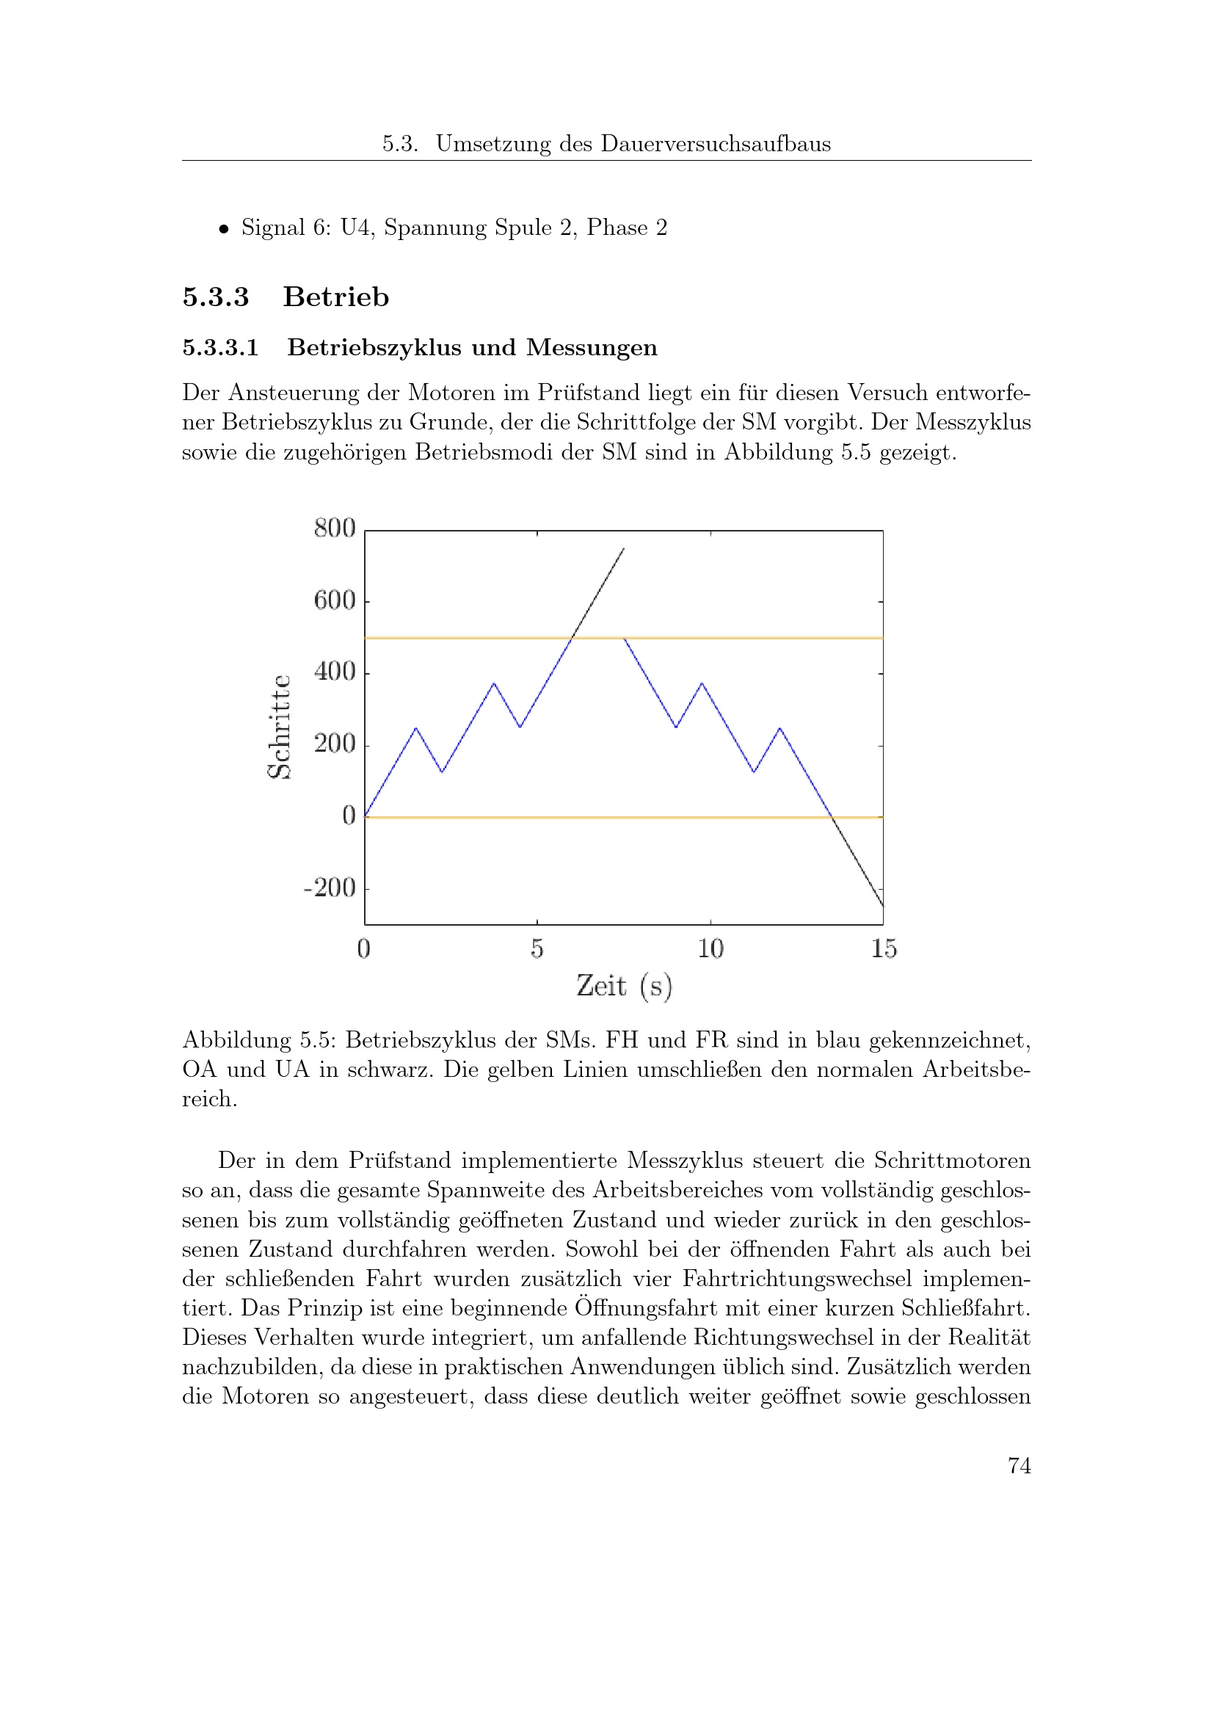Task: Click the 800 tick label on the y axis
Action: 334,528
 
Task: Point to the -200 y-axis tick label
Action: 330,887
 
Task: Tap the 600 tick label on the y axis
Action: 334,600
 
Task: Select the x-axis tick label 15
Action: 884,948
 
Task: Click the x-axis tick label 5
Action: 537,948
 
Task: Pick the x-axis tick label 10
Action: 710,948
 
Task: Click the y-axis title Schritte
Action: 280,726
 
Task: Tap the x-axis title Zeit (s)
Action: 624,986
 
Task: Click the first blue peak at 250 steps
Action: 415,727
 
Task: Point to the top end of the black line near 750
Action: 623,549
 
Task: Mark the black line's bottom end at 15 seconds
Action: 883,906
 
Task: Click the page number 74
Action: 1019,1465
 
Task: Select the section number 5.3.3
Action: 215,297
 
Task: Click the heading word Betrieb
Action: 335,297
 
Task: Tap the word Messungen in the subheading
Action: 592,348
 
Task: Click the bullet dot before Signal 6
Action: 223,230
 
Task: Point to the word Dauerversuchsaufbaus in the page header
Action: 716,144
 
